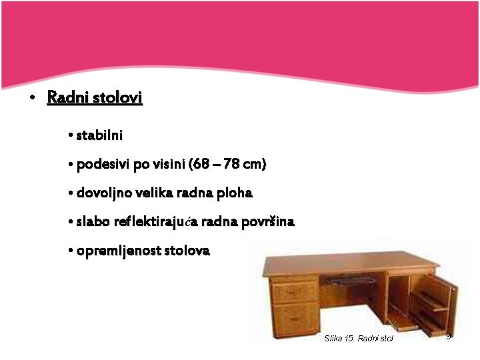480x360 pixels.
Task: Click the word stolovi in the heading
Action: tap(117, 97)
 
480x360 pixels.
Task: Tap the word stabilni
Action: tap(99, 135)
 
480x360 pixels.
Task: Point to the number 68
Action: tap(201, 164)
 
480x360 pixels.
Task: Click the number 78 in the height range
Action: tap(231, 164)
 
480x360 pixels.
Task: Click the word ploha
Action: tap(235, 193)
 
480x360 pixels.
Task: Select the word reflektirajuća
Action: tap(156, 221)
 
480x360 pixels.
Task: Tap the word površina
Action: tap(268, 222)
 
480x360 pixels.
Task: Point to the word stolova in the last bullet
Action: tap(187, 251)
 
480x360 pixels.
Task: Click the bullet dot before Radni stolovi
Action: tap(32, 97)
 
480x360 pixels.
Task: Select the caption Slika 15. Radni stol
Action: tap(359, 338)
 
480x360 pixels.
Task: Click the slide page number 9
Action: tap(449, 336)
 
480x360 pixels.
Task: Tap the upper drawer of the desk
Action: tap(295, 293)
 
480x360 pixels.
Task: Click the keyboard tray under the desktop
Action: tap(351, 280)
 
